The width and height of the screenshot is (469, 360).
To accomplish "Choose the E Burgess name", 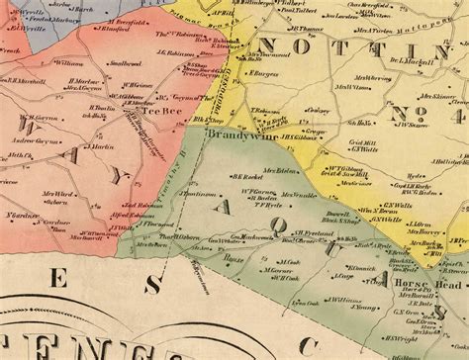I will coord(262,73).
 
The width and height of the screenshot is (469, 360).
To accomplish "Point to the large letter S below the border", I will coord(151,285).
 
